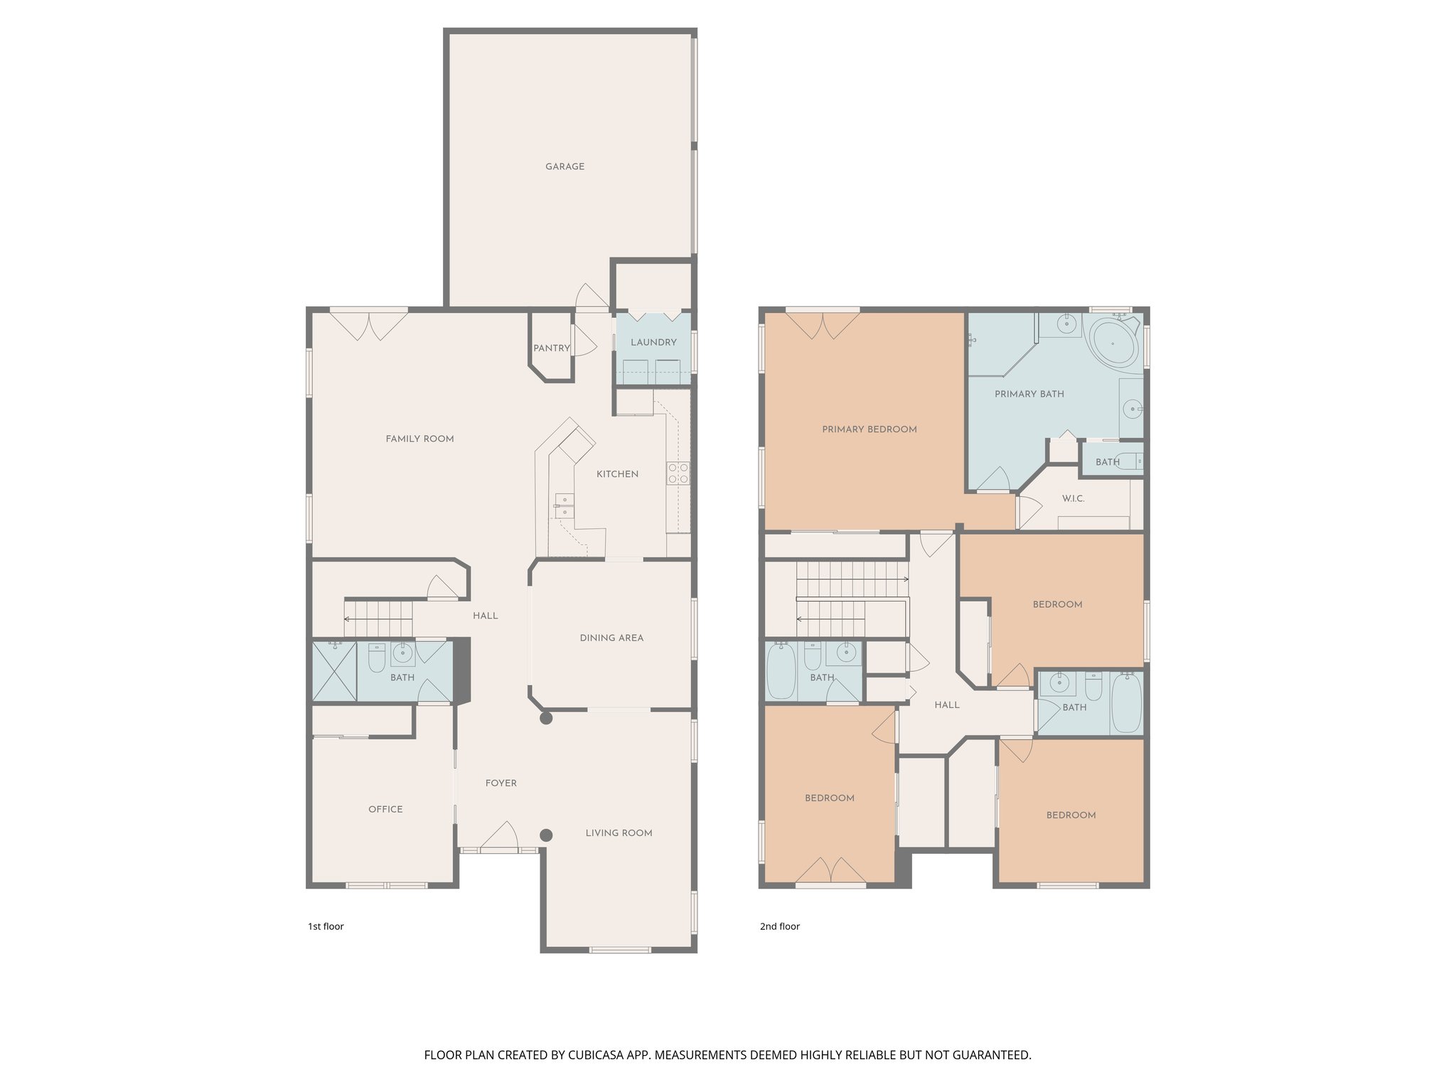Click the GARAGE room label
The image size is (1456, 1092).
pyautogui.click(x=564, y=167)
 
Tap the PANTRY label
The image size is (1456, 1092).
pyautogui.click(x=552, y=348)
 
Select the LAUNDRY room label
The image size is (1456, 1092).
pyautogui.click(x=653, y=343)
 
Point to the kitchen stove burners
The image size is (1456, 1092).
pyautogui.click(x=678, y=473)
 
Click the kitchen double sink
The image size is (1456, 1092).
pyautogui.click(x=564, y=505)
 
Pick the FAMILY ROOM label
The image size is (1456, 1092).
pyautogui.click(x=419, y=439)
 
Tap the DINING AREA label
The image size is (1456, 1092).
pyautogui.click(x=611, y=638)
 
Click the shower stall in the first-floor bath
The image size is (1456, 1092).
pyautogui.click(x=334, y=672)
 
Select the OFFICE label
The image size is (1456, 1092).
pyautogui.click(x=385, y=810)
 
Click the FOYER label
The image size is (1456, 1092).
pyautogui.click(x=501, y=783)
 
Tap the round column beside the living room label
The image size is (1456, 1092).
pyautogui.click(x=546, y=835)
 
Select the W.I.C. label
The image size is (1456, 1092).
pyautogui.click(x=1073, y=499)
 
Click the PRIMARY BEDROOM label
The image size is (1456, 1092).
pyautogui.click(x=869, y=429)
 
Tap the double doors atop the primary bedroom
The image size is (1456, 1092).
pyautogui.click(x=823, y=326)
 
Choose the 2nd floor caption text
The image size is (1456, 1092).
pyautogui.click(x=780, y=926)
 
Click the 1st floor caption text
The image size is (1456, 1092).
pyautogui.click(x=326, y=926)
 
